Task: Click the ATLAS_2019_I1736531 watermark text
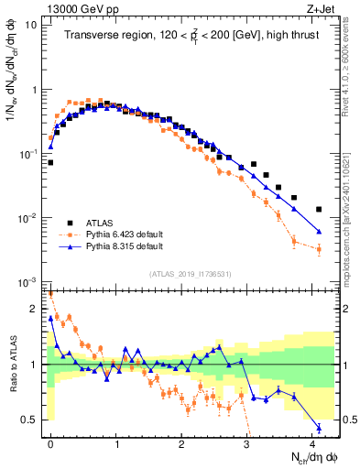click(x=190, y=275)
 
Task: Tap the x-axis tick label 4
click(x=314, y=442)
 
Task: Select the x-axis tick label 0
click(x=50, y=442)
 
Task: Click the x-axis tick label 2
click(x=182, y=442)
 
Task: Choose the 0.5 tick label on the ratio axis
click(x=29, y=420)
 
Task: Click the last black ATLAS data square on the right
click(x=319, y=209)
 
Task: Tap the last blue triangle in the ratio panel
click(x=319, y=427)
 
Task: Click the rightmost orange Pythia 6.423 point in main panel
click(x=319, y=248)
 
